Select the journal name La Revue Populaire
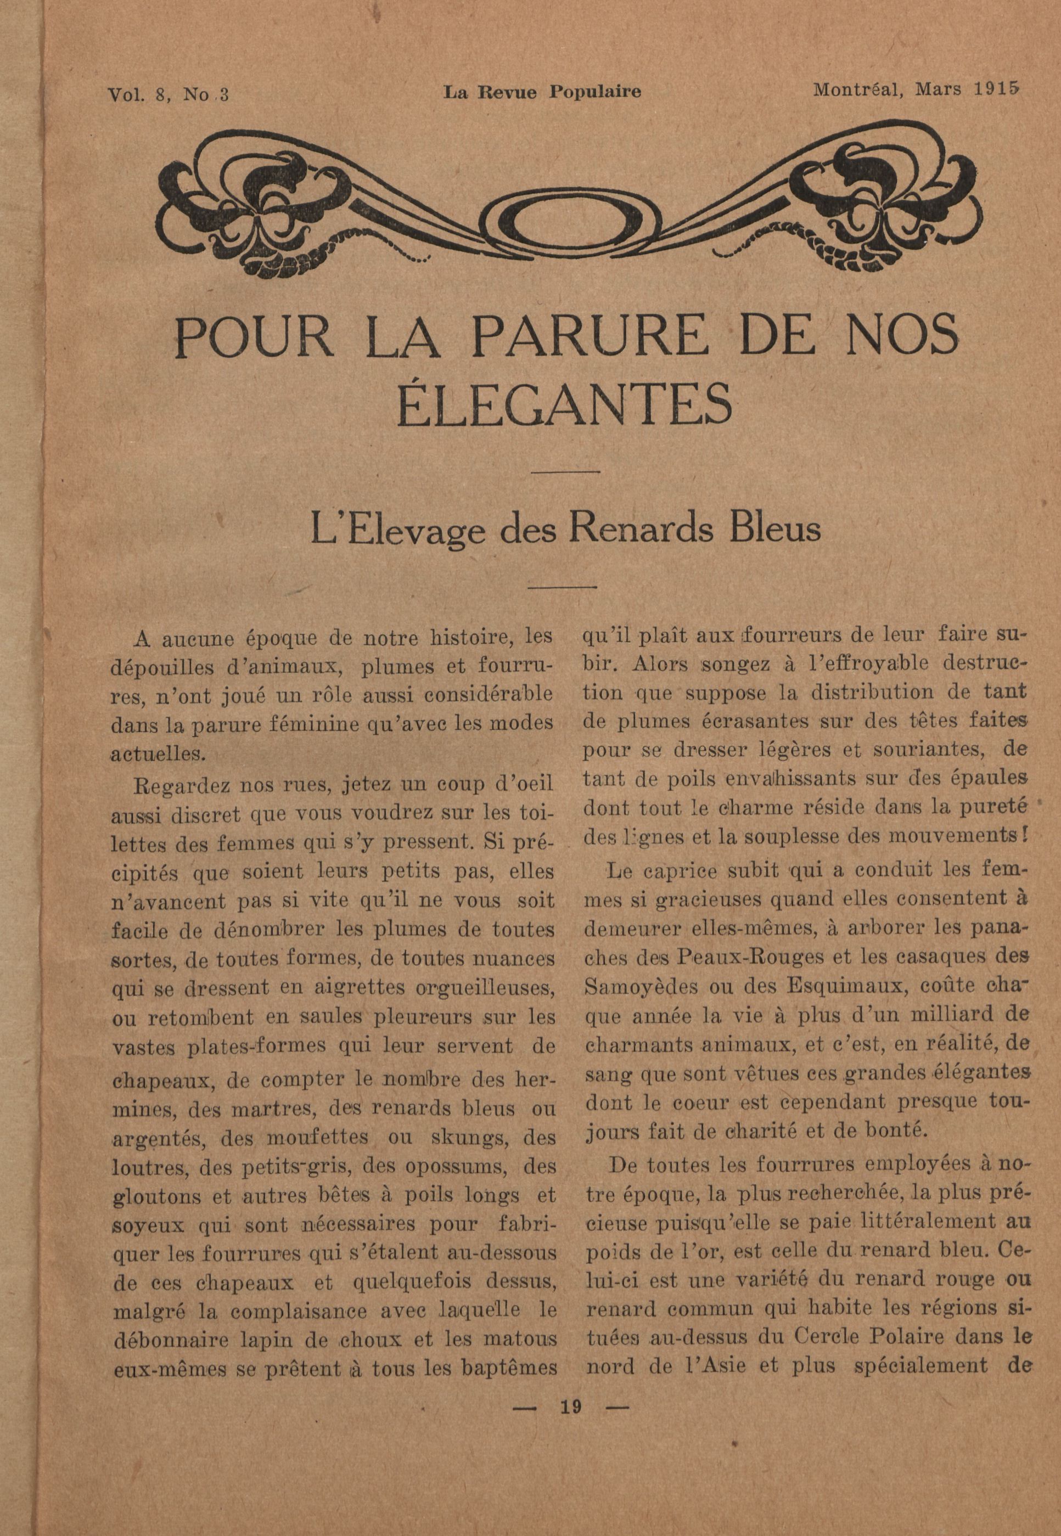542,92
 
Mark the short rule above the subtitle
566,472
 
